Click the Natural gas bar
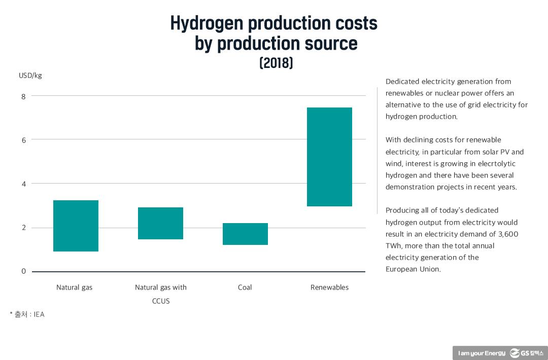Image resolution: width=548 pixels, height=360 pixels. pos(76,226)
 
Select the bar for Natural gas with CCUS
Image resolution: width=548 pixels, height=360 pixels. pos(160,223)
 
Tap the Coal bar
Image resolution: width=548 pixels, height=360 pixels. pos(245,234)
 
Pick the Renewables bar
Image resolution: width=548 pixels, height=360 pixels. pos(329,157)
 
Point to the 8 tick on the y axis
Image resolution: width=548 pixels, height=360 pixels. pos(23,96)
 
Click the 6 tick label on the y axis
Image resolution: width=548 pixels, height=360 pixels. pos(23,140)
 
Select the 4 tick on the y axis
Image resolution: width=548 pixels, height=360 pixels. pos(23,184)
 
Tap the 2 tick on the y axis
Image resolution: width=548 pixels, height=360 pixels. pos(23,228)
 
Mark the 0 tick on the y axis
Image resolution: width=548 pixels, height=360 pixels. pos(23,271)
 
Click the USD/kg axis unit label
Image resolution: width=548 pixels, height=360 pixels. pos(30,76)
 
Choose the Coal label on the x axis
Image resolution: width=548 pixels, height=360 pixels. pos(245,287)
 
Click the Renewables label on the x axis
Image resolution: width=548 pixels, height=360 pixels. pos(329,287)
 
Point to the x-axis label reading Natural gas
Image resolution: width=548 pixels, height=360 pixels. pos(74,287)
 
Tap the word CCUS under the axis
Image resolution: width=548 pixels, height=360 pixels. pos(161,301)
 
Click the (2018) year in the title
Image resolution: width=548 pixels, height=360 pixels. pos(276,63)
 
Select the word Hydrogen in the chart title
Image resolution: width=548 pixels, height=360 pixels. pos(207,23)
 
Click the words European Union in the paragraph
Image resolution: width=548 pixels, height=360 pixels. pos(413,269)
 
